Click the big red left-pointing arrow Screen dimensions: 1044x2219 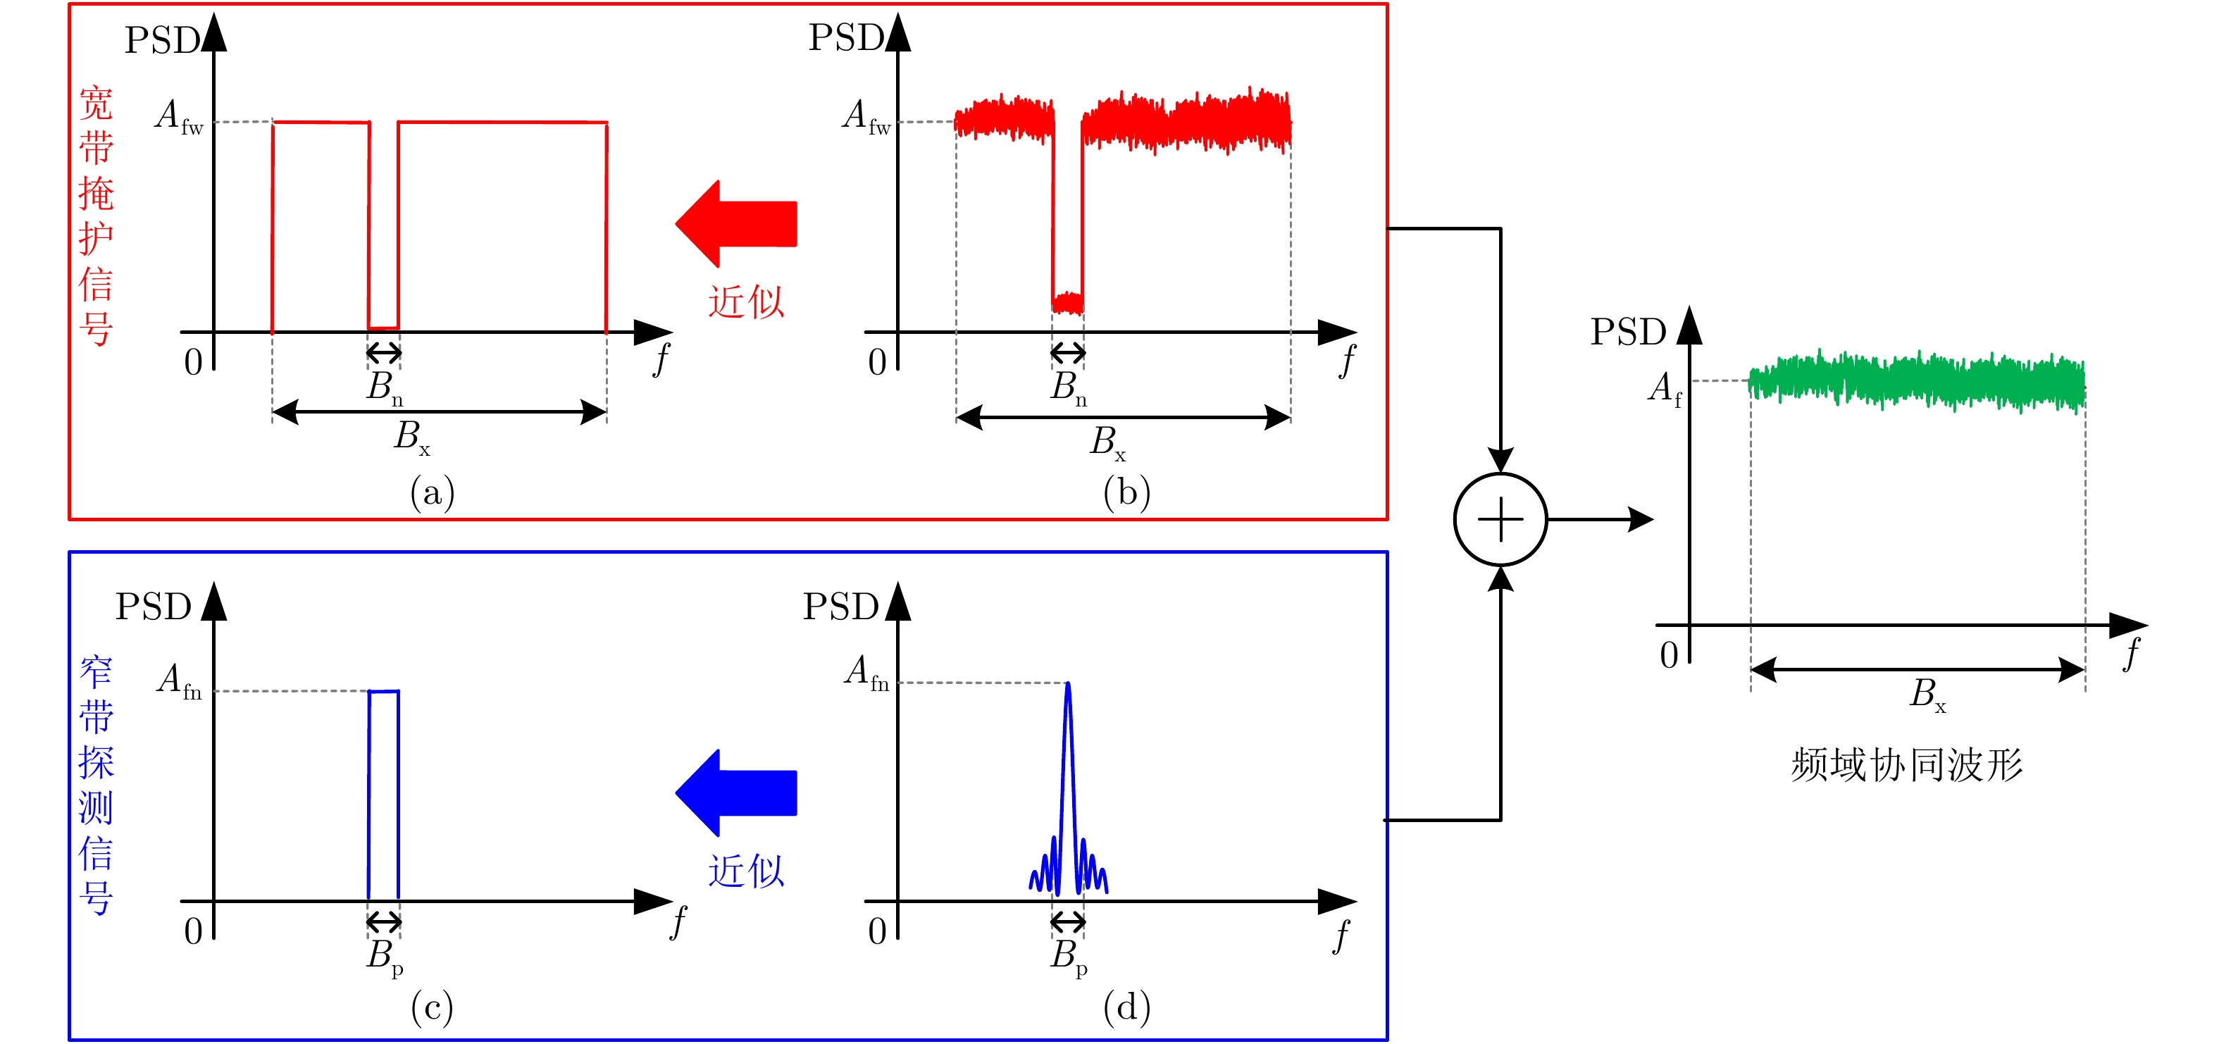[x=738, y=223]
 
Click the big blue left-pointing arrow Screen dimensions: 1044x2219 [x=738, y=793]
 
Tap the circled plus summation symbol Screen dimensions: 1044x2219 [x=1500, y=519]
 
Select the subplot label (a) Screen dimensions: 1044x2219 [x=433, y=492]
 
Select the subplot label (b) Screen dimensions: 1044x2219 [x=1126, y=492]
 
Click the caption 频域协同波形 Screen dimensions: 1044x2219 [x=1906, y=765]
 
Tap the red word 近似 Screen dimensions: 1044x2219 [x=746, y=302]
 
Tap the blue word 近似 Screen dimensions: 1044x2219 [x=746, y=871]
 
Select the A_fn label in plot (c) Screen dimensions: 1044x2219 [x=179, y=681]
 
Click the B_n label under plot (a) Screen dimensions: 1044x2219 [x=384, y=387]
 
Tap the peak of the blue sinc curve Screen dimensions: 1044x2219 [x=1068, y=685]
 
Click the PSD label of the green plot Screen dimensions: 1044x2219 [x=1627, y=333]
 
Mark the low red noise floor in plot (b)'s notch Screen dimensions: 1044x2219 [x=1067, y=302]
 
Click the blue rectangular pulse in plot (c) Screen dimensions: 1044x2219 [x=383, y=793]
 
